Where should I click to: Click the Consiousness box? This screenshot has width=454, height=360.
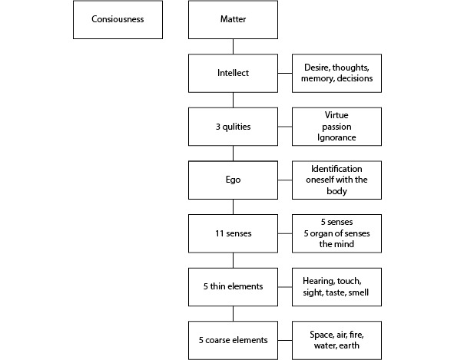(118, 20)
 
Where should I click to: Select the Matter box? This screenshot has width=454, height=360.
(233, 20)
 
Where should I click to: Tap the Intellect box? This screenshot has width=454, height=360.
(233, 73)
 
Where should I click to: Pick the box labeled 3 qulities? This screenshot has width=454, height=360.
(233, 127)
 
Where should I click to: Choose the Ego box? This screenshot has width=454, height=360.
(233, 180)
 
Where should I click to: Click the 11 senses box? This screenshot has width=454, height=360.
(233, 233)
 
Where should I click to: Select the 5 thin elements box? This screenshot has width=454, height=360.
(233, 287)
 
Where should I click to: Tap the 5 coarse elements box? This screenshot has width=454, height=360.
(233, 340)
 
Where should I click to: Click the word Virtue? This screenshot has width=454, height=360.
(336, 115)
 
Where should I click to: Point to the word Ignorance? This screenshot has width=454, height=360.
(336, 137)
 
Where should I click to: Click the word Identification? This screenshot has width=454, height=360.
(336, 169)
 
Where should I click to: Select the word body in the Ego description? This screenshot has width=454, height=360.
(336, 191)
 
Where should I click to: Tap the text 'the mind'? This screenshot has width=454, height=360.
(336, 244)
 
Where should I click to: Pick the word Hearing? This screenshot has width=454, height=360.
(319, 281)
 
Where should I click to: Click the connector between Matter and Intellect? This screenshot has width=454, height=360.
(233, 47)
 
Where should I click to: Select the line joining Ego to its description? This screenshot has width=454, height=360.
(285, 180)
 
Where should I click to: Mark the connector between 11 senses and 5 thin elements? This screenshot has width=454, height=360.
(233, 260)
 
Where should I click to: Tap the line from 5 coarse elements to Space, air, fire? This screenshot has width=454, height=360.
(285, 340)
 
